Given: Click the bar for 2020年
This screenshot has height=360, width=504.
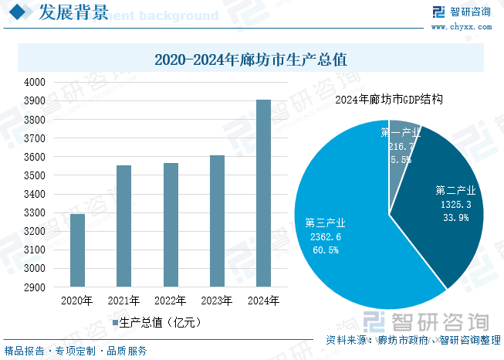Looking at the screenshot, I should click(77, 250).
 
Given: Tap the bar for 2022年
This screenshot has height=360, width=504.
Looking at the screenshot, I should click(171, 225).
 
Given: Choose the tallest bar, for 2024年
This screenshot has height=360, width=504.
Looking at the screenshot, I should click(263, 193).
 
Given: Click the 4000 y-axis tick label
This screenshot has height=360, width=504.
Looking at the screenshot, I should click(36, 82).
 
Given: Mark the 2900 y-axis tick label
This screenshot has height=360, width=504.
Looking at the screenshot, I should click(36, 287).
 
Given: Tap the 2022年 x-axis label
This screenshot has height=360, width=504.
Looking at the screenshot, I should click(171, 301).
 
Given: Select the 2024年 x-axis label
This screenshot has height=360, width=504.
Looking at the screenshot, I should click(263, 301).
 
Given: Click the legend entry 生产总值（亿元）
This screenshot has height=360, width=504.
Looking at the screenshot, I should click(157, 322).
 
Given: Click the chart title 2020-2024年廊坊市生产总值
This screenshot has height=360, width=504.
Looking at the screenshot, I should click(251, 59).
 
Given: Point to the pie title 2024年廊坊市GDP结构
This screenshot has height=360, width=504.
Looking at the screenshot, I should click(389, 100).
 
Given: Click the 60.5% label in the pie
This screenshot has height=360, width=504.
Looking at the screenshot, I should click(325, 250).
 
